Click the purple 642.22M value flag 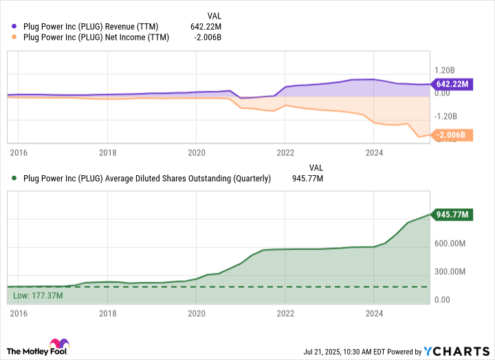click(x=452, y=85)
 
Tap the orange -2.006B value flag click(x=452, y=135)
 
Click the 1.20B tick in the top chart click(x=445, y=70)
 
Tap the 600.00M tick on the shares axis click(x=450, y=243)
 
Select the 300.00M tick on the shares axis click(x=450, y=271)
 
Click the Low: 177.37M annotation click(x=38, y=296)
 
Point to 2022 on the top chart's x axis click(x=285, y=152)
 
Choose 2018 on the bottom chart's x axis click(x=107, y=314)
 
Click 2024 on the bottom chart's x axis click(x=373, y=314)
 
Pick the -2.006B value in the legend click(x=206, y=37)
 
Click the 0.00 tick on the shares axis click(x=444, y=300)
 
